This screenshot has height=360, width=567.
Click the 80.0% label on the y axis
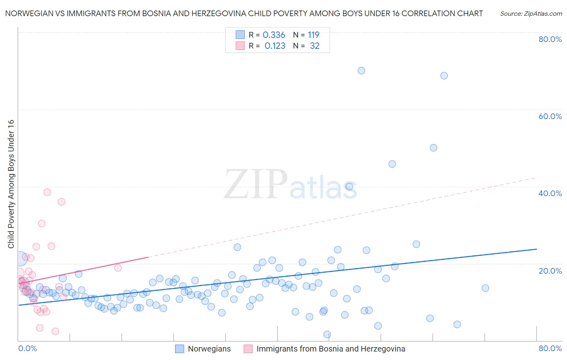(550, 39)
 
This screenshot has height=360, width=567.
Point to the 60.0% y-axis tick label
(550, 116)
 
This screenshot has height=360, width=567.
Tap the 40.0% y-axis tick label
(550, 193)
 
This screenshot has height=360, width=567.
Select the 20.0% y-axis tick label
(550, 270)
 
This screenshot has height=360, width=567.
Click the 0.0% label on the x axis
(27, 348)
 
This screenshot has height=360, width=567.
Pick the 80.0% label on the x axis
(550, 348)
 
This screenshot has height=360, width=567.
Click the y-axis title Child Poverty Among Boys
(11, 184)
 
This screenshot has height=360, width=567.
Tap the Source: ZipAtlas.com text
(531, 14)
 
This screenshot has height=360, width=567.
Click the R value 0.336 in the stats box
(274, 35)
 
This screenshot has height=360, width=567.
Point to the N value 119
(313, 35)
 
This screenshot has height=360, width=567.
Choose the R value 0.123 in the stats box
(275, 46)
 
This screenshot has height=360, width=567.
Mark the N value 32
(315, 46)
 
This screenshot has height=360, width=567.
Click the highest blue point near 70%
(361, 71)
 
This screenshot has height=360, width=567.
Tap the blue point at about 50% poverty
(434, 148)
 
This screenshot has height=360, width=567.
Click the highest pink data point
(47, 192)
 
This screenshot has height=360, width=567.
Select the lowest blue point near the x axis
(327, 335)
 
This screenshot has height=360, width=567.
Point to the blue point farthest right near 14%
(486, 288)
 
